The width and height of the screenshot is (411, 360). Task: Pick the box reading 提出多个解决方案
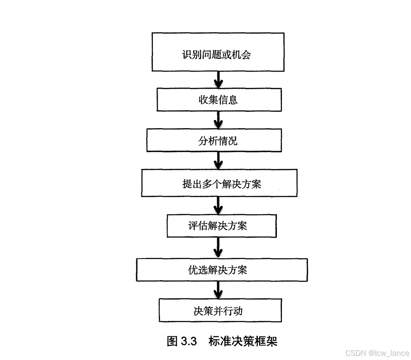[219, 183]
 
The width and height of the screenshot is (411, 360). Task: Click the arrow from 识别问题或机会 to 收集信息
[218, 79]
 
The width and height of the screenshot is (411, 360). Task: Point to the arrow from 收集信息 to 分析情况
[218, 120]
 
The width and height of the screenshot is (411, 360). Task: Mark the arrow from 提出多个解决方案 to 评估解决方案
[218, 205]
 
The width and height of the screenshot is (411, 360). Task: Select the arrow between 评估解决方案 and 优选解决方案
[218, 248]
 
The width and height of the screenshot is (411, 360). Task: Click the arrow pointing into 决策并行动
[218, 289]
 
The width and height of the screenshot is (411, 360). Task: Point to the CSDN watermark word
[355, 353]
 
